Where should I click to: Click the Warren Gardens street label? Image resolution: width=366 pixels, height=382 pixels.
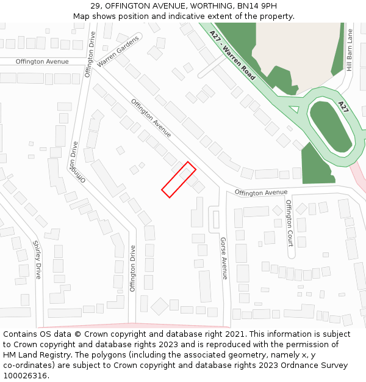coord(118,51)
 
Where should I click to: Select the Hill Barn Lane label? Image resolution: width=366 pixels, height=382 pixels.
coord(350,50)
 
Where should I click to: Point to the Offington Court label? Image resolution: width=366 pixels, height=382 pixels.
coord(289,217)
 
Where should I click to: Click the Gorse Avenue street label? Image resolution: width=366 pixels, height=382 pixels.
coord(223,258)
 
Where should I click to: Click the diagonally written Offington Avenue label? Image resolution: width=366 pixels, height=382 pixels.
coord(151,118)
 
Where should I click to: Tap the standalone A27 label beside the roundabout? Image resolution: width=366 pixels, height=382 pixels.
coord(343,107)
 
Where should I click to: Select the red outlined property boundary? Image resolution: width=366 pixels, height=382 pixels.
coord(179,180)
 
